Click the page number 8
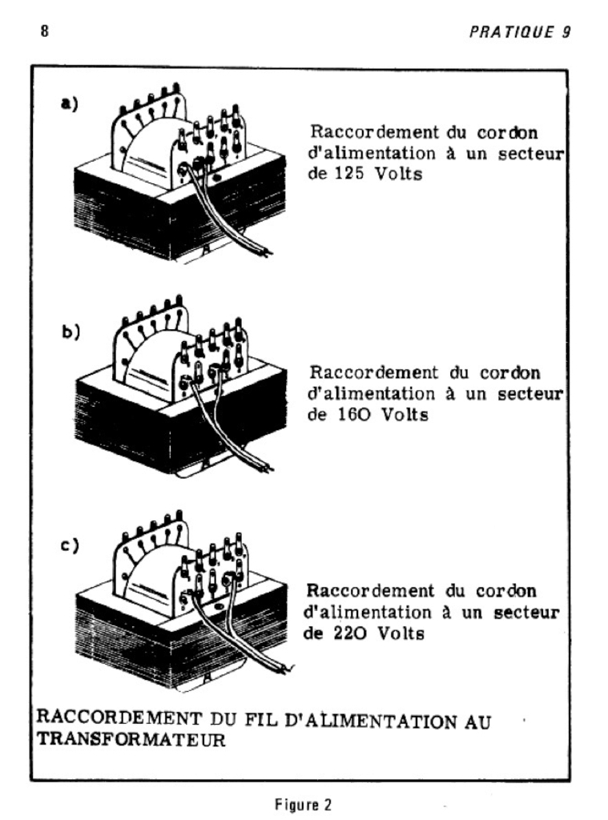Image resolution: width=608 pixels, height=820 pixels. pyautogui.click(x=44, y=33)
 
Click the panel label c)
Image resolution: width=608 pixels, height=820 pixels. pyautogui.click(x=70, y=547)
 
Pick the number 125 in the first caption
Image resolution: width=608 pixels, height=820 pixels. pyautogui.click(x=345, y=174)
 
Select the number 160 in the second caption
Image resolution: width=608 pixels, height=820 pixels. pyautogui.click(x=346, y=415)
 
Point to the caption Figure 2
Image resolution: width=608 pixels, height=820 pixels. pyautogui.click(x=303, y=804)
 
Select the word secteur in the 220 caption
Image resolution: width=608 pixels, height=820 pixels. pyautogui.click(x=521, y=612)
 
